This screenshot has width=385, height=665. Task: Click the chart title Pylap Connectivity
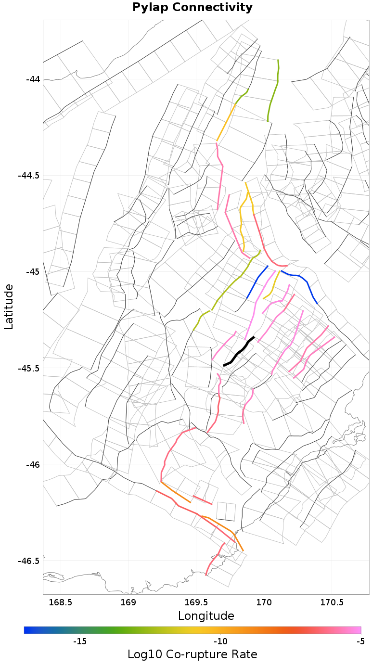tap(192, 7)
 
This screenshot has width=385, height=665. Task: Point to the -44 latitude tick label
tap(33, 79)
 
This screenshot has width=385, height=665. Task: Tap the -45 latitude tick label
tap(33, 271)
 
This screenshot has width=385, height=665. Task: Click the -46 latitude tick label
tap(33, 464)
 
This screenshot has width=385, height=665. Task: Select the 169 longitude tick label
tap(128, 602)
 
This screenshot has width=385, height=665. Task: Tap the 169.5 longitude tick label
tap(196, 602)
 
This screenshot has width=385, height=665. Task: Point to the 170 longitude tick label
tap(264, 602)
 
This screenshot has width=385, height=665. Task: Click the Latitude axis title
tap(9, 307)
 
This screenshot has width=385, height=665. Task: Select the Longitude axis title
tap(206, 616)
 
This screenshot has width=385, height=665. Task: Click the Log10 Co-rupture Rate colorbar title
tap(192, 654)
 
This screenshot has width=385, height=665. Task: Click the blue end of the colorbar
tap(28, 630)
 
